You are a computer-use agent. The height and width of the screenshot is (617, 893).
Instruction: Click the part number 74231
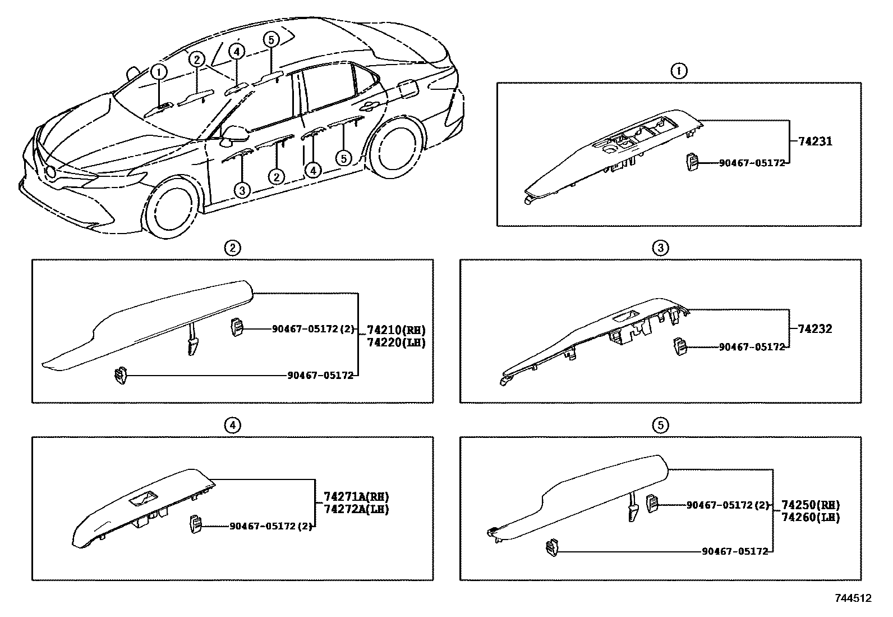[812, 141]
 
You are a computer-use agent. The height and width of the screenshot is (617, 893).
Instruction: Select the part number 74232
[812, 329]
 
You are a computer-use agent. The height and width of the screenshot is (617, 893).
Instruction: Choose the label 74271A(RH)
[356, 497]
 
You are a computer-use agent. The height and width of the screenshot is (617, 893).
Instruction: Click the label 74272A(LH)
[356, 509]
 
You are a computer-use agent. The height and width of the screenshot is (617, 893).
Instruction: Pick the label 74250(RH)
[811, 505]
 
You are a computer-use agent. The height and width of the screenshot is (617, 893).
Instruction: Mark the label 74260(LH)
[811, 517]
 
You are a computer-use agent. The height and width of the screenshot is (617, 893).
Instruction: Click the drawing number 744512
[853, 598]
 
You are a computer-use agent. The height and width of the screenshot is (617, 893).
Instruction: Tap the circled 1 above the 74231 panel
[679, 71]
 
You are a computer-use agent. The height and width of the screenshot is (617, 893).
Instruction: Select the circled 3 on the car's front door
[242, 190]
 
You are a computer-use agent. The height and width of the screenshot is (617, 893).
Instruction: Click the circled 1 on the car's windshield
[159, 72]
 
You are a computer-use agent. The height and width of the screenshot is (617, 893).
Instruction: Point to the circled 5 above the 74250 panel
[660, 426]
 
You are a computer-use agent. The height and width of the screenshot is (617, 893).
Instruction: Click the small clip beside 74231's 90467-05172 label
[691, 163]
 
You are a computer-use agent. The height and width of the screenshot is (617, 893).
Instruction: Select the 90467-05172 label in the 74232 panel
[752, 348]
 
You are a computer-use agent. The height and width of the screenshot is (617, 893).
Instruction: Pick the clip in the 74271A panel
[196, 525]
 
